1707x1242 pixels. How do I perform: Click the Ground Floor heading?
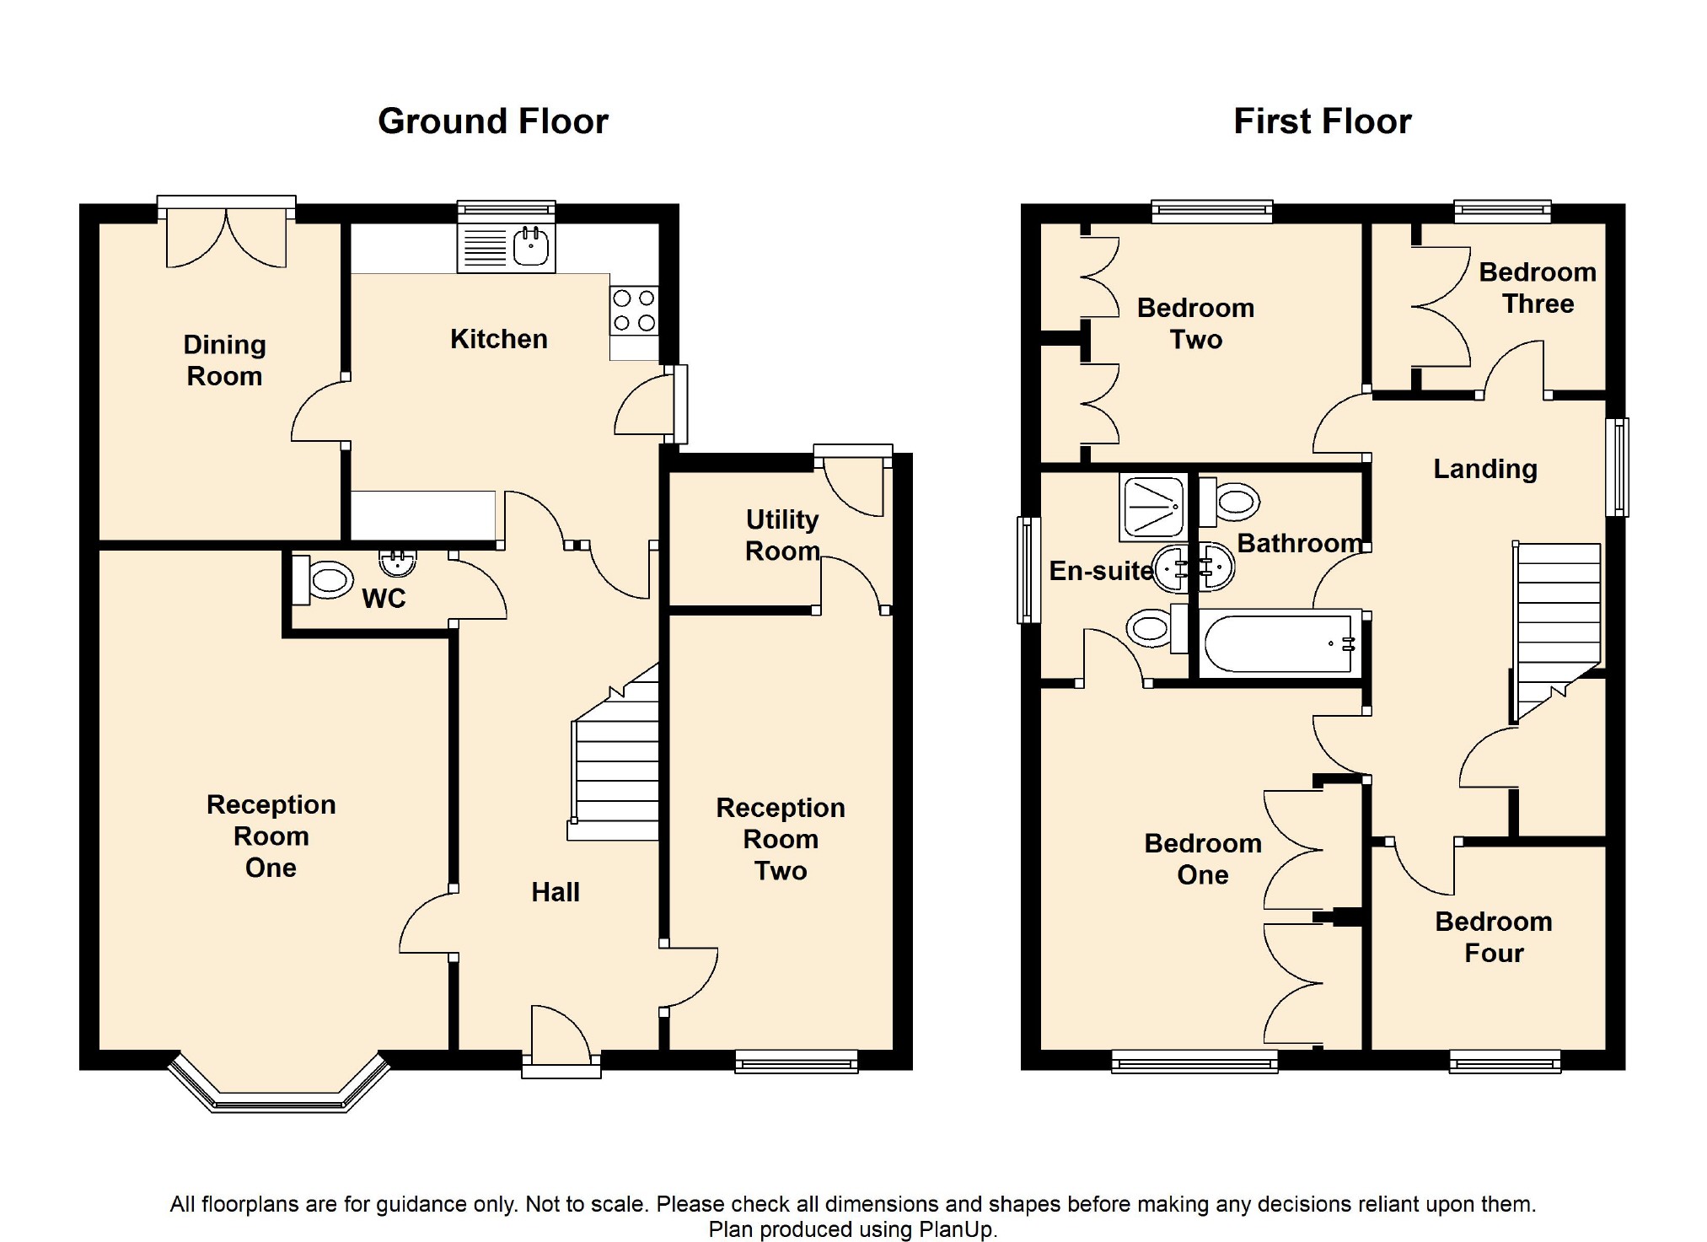pos(493,121)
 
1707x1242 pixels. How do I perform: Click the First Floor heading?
pos(1322,121)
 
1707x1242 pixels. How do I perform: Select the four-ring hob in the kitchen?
pos(634,311)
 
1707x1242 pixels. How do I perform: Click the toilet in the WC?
pos(321,580)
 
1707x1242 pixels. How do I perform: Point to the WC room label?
pos(384,599)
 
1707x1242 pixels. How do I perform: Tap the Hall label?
pos(556,892)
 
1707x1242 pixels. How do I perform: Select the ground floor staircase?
pos(614,753)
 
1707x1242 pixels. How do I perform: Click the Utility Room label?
pos(782,535)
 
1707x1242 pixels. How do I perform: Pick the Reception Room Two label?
pos(781,839)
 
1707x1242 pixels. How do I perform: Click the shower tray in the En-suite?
pos(1153,507)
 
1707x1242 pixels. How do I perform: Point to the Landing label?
pos(1485,469)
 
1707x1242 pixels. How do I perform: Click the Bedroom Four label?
pos(1494,937)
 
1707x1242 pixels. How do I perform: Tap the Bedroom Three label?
pos(1538,288)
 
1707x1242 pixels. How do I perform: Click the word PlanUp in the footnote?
pos(956,1229)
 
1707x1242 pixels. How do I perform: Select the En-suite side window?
pos(1029,570)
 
